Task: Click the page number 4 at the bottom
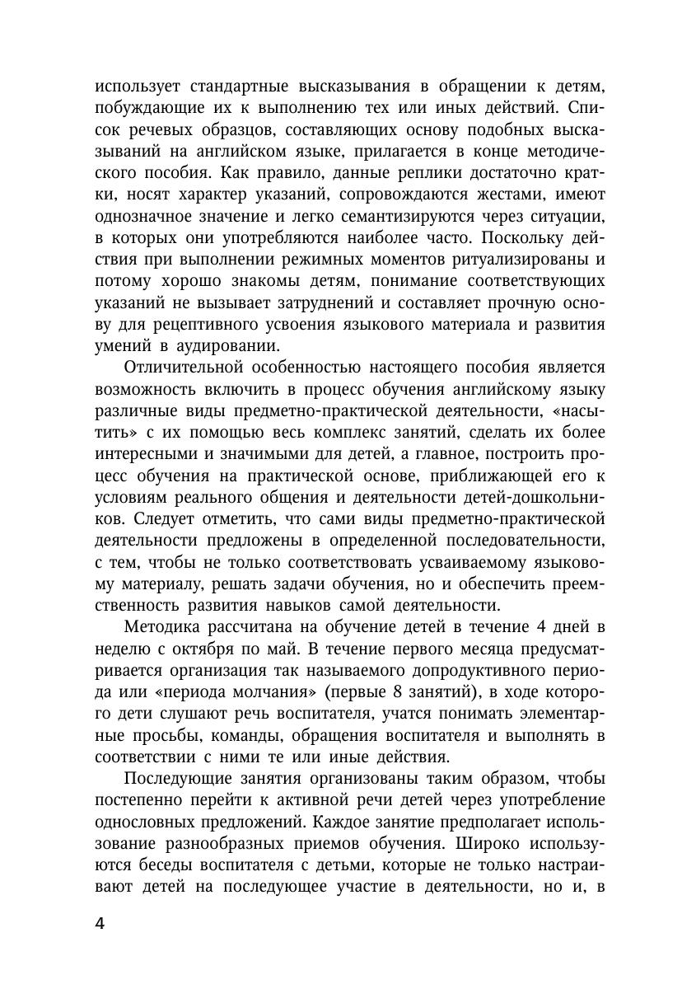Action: (100, 923)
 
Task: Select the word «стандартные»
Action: (237, 87)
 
